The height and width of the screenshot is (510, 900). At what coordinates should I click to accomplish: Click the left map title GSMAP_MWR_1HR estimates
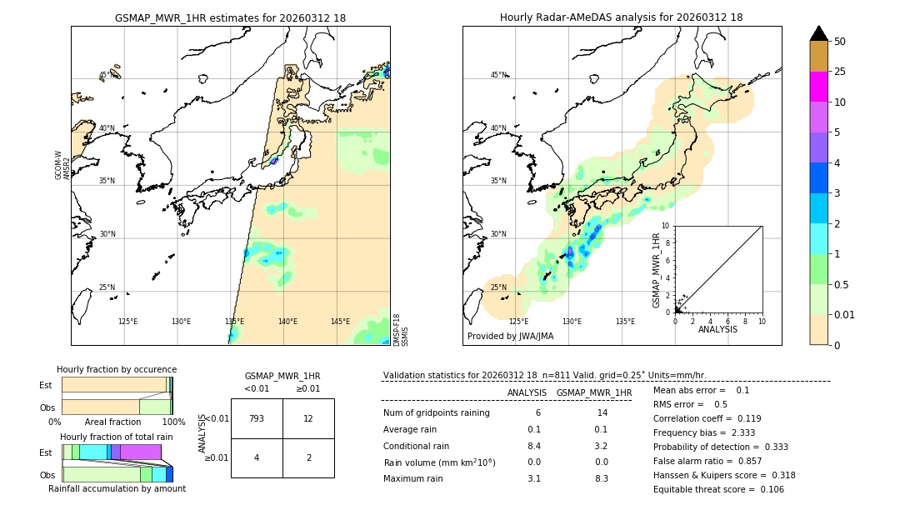230,17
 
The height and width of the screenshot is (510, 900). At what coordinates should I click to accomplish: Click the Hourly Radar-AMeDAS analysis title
621,17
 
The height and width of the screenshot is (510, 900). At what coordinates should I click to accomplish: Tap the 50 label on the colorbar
840,41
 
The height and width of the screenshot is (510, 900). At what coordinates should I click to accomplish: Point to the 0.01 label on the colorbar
845,314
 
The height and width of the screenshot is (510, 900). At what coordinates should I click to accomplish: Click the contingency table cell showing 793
257,418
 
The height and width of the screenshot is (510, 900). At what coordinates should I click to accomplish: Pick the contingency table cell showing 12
308,418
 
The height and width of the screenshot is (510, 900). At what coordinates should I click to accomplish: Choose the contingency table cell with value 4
257,457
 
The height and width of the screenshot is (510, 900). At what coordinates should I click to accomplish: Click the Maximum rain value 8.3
602,478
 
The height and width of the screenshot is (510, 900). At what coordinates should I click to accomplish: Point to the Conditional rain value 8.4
534,446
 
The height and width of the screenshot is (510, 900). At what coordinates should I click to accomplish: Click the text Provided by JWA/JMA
510,337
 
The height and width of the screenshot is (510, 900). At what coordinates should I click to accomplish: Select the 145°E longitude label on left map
340,322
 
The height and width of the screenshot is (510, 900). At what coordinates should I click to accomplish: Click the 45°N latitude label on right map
498,75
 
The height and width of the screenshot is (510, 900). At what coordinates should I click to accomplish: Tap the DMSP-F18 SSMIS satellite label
401,330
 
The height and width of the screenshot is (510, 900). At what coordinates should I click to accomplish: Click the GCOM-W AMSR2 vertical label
62,165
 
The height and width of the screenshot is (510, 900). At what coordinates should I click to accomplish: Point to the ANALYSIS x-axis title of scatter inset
717,329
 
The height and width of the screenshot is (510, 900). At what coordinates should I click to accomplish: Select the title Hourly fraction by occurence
117,369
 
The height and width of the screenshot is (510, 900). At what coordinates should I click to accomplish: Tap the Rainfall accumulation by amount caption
117,488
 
